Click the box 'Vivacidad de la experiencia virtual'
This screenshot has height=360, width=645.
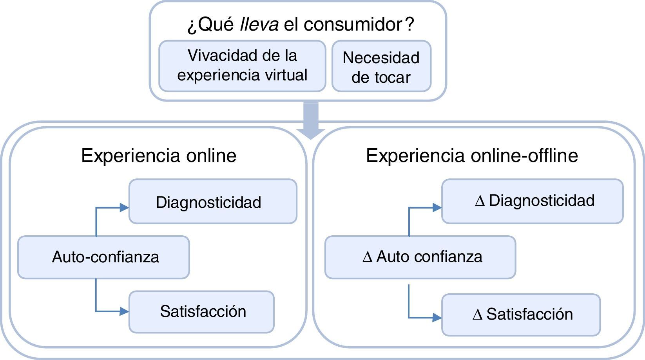click(242, 66)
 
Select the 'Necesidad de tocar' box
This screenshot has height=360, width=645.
click(381, 67)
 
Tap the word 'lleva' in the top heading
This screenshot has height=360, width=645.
click(259, 24)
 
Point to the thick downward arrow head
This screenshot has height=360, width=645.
click(311, 133)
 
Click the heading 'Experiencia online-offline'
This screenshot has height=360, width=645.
click(472, 156)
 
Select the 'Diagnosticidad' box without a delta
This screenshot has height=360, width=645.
click(213, 202)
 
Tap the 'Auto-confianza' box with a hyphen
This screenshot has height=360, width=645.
click(103, 257)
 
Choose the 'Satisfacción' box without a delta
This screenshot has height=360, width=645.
click(201, 312)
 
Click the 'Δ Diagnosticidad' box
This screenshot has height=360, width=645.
click(532, 201)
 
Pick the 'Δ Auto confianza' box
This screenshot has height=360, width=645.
click(420, 257)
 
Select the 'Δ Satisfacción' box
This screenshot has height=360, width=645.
click(521, 315)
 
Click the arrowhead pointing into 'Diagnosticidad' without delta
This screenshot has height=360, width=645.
click(125, 207)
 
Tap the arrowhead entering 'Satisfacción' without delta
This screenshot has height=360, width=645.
click(125, 311)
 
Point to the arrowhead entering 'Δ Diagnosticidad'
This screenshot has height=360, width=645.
click(437, 207)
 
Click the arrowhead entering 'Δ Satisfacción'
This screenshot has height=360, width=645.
click(437, 317)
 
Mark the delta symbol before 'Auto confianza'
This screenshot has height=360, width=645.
click(367, 258)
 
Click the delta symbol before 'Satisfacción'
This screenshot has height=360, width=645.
click(477, 315)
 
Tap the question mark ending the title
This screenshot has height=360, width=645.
click(409, 24)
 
